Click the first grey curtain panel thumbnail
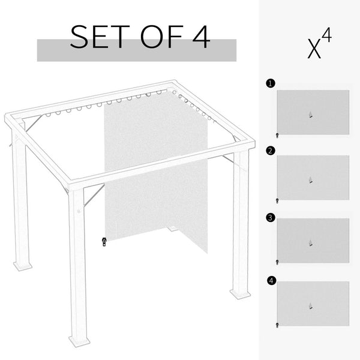(313, 112)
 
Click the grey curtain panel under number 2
(313, 177)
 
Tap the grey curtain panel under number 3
(313, 241)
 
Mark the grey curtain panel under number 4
(313, 304)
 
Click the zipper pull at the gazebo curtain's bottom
(104, 242)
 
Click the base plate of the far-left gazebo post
(23, 265)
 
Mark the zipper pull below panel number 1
(277, 136)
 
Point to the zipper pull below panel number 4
(277, 325)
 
